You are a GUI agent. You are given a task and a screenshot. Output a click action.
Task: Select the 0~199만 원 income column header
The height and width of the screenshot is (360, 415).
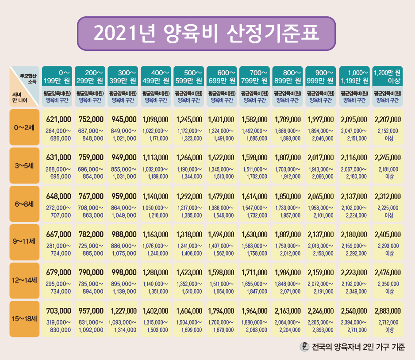(x=58, y=77)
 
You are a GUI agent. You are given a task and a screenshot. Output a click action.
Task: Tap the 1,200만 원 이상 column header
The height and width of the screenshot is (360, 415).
(x=387, y=77)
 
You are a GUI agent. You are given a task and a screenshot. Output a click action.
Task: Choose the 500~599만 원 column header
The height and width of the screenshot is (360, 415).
(x=189, y=77)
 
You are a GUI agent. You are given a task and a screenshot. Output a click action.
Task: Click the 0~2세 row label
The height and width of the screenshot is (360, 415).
(x=25, y=128)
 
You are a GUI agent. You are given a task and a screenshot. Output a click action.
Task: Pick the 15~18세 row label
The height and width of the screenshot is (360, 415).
(x=25, y=318)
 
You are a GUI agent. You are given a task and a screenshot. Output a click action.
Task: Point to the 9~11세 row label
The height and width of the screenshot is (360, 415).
(x=25, y=242)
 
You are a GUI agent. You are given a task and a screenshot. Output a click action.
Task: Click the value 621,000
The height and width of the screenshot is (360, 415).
(x=58, y=119)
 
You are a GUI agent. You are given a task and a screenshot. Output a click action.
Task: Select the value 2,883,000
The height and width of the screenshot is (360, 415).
(x=388, y=310)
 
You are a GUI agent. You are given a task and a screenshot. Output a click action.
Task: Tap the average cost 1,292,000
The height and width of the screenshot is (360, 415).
(x=190, y=196)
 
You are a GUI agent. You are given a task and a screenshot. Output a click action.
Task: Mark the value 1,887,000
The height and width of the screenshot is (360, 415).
(x=288, y=234)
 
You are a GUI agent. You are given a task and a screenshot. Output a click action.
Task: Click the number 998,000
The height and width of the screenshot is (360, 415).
(x=124, y=272)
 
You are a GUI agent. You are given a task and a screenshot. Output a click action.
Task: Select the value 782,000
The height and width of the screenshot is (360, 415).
(x=91, y=234)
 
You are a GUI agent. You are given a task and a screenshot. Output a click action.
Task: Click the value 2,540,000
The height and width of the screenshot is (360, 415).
(x=354, y=310)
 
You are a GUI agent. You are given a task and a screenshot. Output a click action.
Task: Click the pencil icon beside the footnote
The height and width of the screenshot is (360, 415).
(x=304, y=347)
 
